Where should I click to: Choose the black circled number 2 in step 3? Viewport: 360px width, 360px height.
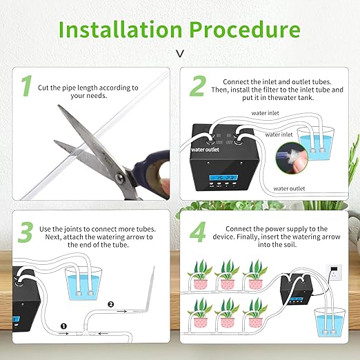(109, 303)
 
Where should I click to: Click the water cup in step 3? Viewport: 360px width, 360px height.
(79, 283)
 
